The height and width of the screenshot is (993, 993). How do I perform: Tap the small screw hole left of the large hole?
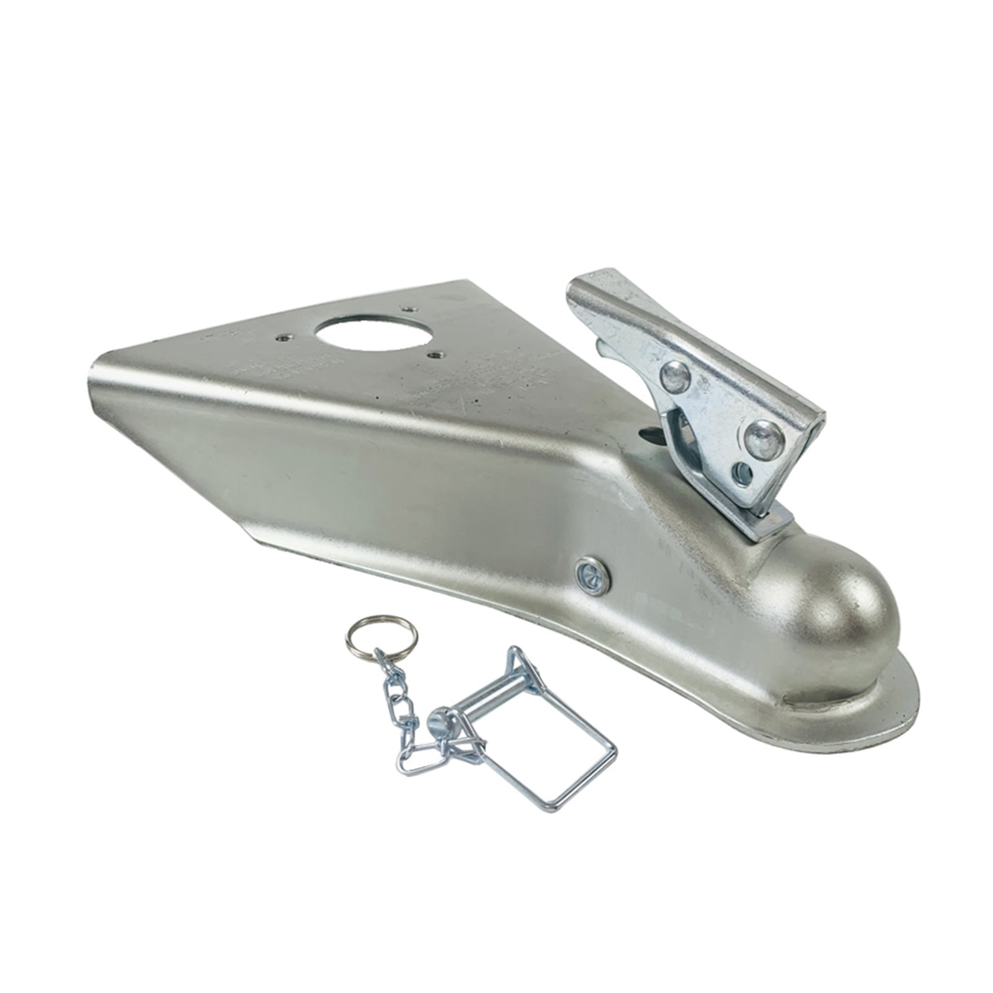(x=283, y=338)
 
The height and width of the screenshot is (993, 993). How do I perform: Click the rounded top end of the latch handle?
(x=599, y=282)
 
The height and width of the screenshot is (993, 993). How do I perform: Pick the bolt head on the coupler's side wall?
(x=592, y=576)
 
